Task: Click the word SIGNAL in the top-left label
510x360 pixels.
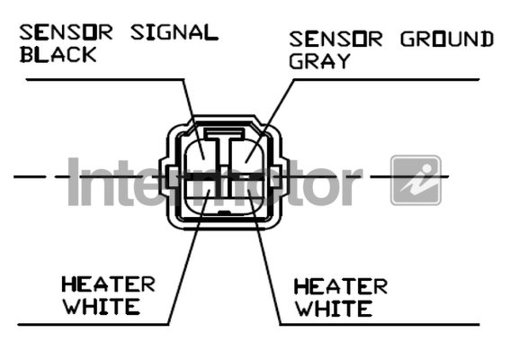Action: [174, 32]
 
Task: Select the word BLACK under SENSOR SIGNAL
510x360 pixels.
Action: [58, 54]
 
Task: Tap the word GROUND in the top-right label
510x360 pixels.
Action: [447, 39]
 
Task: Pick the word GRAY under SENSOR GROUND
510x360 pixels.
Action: [319, 61]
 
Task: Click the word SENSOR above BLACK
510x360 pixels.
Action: [66, 32]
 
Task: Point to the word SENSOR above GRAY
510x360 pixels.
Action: [336, 39]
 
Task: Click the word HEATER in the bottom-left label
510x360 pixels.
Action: [108, 284]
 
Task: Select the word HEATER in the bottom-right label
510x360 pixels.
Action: [341, 286]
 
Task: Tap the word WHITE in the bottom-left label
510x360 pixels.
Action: [102, 306]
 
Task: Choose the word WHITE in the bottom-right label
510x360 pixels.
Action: [334, 309]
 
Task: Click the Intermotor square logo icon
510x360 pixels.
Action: [416, 180]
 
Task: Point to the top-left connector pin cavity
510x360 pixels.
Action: [199, 156]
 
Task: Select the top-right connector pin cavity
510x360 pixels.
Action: [248, 156]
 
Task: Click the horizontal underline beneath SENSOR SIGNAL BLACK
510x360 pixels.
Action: [105, 79]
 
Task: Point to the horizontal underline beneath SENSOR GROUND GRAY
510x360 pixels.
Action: [387, 79]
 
